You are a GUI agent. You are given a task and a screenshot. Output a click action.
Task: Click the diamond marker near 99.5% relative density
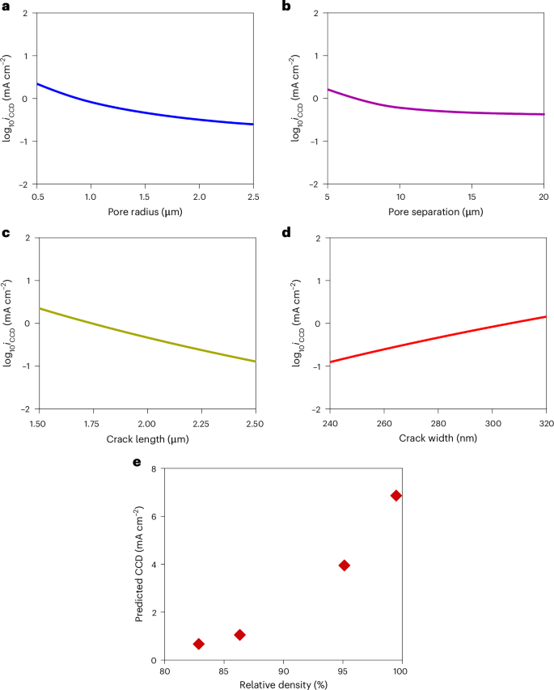pos(396,495)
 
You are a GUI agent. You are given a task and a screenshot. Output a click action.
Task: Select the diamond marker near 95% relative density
pos(344,565)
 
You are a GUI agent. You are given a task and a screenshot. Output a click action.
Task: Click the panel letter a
pos(5,6)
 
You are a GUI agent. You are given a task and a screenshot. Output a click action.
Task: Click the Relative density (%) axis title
pos(283,684)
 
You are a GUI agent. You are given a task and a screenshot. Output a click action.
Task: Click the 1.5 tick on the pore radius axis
pos(145,197)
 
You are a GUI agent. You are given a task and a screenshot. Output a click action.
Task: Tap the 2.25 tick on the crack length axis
pos(201,423)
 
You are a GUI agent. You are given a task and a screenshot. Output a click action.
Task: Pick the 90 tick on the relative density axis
pos(283,671)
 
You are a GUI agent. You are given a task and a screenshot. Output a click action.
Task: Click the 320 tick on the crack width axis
pos(543,423)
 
